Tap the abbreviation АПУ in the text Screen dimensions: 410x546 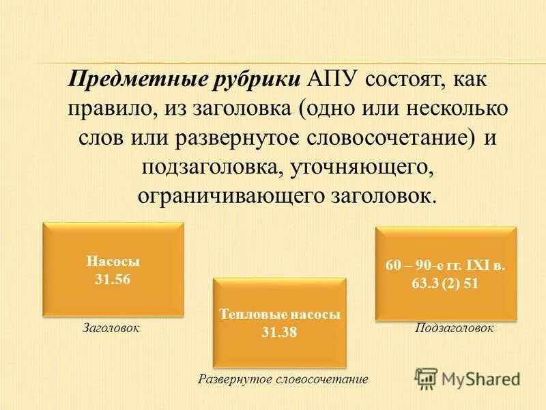coord(332,79)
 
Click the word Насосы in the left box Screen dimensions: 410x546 coord(113,261)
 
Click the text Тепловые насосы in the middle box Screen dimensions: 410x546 coord(280,315)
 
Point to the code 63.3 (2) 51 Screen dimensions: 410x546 coord(446,284)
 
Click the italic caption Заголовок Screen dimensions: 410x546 coord(111,328)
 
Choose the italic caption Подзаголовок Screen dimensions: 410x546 coord(455,328)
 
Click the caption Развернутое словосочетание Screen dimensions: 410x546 coord(283,379)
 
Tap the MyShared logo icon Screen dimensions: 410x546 coord(427,378)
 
